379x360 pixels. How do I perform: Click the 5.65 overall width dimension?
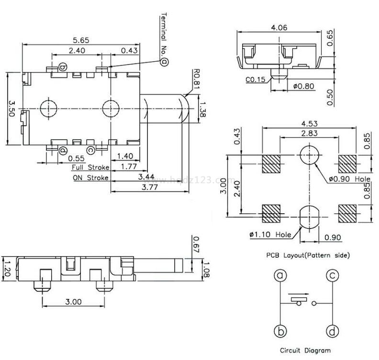[81, 40]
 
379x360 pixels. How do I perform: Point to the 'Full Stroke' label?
[90, 167]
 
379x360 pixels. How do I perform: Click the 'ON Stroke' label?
[90, 177]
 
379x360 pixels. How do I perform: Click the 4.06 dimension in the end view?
[279, 28]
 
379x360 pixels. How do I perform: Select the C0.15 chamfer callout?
[256, 80]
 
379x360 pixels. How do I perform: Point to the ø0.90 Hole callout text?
[350, 180]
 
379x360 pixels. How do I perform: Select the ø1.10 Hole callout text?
[270, 235]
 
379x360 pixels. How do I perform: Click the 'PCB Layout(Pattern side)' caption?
[308, 255]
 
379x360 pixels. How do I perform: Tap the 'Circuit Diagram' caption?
[305, 350]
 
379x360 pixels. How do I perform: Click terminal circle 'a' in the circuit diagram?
[280, 276]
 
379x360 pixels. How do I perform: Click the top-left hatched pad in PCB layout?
[271, 164]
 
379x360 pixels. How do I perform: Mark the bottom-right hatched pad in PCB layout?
[347, 213]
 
